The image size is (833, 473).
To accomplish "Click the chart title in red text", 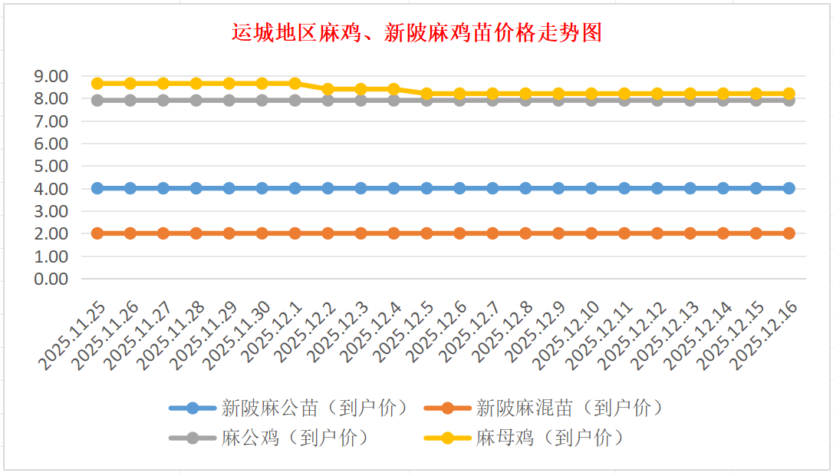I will pos(416,33).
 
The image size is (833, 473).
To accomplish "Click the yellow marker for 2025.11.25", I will pos(97,83).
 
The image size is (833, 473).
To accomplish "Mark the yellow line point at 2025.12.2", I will pos(328,89).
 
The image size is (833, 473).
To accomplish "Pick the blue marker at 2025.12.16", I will pos(789,188).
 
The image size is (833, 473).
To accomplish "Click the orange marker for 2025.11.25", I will pos(97,233).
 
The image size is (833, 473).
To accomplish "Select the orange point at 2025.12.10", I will pos(591,233).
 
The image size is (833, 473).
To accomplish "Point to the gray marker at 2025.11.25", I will pos(97,100).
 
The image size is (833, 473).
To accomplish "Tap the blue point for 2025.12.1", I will pos(295,188).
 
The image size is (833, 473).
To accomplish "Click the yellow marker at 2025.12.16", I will pos(789,94).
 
